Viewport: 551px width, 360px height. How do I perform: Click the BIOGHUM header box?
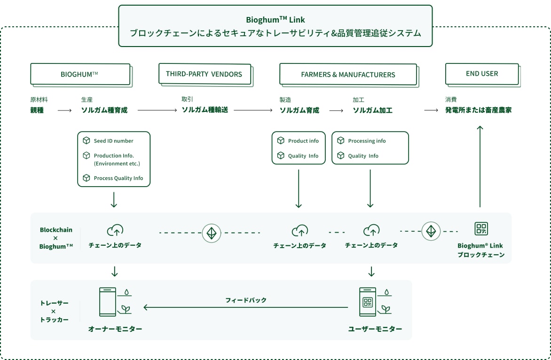tap(79, 74)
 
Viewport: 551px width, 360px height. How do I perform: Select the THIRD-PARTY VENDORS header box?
tap(204, 74)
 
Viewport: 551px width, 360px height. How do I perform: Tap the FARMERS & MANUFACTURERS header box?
tap(348, 74)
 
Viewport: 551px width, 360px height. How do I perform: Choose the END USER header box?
tap(482, 74)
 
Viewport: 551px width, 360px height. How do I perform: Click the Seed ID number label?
tap(113, 141)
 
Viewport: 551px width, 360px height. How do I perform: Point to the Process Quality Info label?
tap(118, 178)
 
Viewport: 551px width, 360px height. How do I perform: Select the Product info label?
tap(303, 141)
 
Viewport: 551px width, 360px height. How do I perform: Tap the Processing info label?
tap(367, 141)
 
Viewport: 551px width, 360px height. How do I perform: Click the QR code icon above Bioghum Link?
tap(481, 229)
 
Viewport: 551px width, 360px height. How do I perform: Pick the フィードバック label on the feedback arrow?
tap(245, 300)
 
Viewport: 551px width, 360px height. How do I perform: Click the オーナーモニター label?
tap(115, 329)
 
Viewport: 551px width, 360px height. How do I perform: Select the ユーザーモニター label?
tap(375, 329)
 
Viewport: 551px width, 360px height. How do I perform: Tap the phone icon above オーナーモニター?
tap(107, 302)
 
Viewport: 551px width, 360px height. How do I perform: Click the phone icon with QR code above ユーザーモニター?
tap(368, 302)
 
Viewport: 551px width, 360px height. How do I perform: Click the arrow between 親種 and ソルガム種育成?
tap(64, 110)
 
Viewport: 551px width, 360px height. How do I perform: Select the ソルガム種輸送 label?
tap(205, 110)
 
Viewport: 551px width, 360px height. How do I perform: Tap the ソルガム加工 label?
tap(373, 110)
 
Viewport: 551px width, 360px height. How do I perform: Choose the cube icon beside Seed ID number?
tap(86, 141)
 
